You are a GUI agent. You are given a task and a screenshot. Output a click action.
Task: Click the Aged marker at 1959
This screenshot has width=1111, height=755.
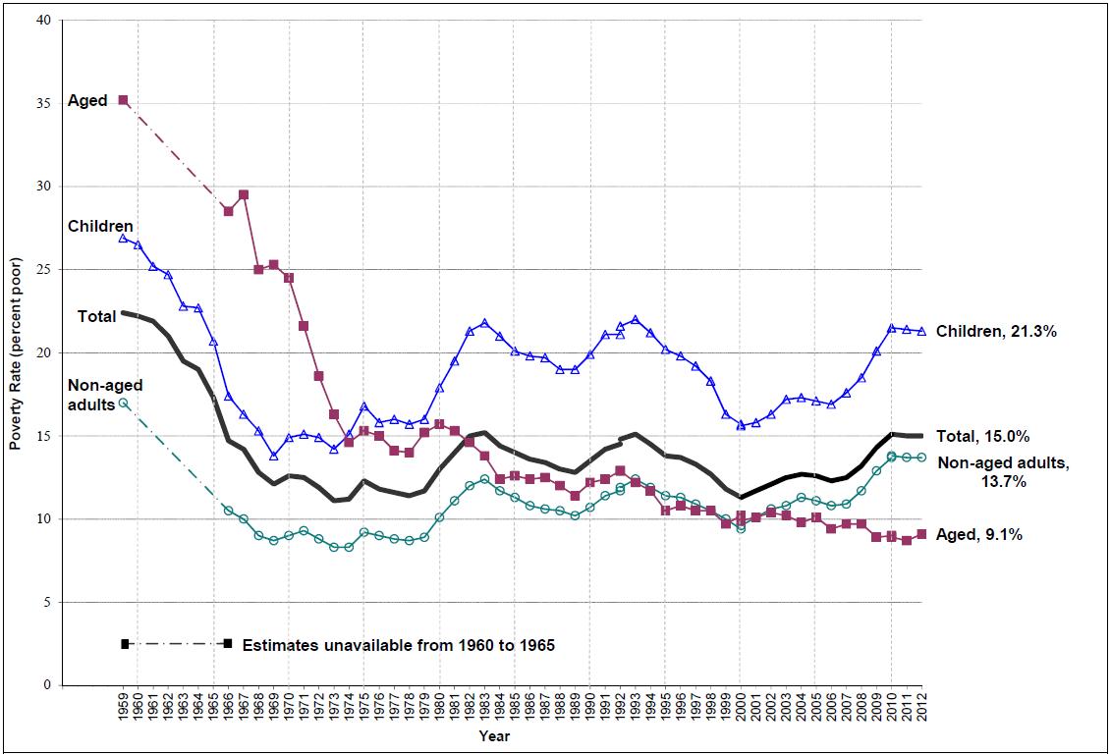click(123, 100)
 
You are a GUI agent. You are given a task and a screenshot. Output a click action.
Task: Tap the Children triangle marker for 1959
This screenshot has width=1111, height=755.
click(123, 238)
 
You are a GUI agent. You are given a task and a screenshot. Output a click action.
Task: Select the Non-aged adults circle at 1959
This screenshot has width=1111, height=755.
click(123, 403)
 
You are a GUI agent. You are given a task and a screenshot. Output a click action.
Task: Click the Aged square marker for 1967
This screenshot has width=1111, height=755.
click(244, 194)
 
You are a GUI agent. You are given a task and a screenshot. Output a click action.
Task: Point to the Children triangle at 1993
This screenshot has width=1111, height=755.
click(635, 319)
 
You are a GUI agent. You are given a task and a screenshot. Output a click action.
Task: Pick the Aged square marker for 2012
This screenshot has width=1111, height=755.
click(921, 534)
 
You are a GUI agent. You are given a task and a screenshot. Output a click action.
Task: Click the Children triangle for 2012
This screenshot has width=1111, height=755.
click(921, 331)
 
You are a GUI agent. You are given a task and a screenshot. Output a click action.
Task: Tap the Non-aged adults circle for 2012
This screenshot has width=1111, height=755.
click(921, 458)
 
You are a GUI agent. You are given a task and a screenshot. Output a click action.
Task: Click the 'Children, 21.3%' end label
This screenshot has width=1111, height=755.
click(996, 332)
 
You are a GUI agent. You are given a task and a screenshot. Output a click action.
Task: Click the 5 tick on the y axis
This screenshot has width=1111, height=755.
click(49, 602)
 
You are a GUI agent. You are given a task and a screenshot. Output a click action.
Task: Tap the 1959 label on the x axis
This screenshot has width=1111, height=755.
click(124, 706)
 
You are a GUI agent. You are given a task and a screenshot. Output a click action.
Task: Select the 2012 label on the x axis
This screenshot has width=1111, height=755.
click(922, 706)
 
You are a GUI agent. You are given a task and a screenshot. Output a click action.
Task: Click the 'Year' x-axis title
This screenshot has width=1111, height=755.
click(494, 735)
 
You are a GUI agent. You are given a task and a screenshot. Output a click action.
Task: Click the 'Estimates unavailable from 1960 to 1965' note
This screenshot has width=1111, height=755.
click(398, 645)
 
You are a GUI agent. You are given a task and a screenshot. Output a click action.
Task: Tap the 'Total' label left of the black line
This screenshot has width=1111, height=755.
click(97, 316)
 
